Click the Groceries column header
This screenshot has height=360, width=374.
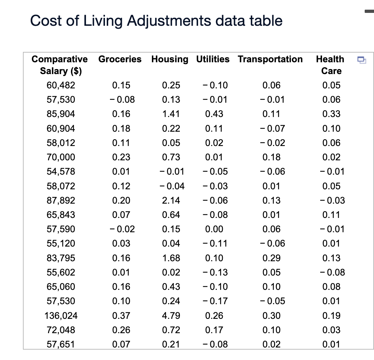click(x=120, y=59)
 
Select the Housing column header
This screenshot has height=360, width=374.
click(x=169, y=59)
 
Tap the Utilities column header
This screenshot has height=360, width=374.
click(x=213, y=59)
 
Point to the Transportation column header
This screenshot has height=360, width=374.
click(x=270, y=59)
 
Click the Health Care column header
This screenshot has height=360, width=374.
click(x=331, y=65)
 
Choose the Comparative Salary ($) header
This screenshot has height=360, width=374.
click(x=60, y=65)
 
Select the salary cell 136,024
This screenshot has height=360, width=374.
click(x=61, y=316)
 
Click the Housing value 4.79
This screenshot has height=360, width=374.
click(x=171, y=316)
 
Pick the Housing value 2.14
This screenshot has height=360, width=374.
click(x=171, y=200)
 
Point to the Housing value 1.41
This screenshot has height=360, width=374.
click(x=171, y=114)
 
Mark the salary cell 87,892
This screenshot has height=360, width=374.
click(x=61, y=200)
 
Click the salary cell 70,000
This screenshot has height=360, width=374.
click(x=61, y=157)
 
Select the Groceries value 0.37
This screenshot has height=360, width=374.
click(x=121, y=316)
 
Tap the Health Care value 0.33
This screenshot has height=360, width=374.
click(x=331, y=114)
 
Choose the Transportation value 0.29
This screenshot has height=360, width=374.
click(x=272, y=258)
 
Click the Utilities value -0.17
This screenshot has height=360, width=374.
click(x=214, y=301)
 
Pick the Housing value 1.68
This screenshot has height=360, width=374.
click(x=171, y=258)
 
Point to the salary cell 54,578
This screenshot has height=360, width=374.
click(x=61, y=171)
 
